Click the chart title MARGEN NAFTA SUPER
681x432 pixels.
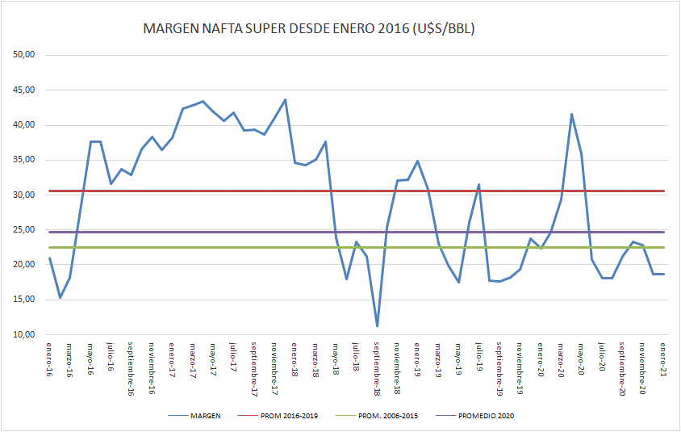308,29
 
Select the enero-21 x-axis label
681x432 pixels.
664,360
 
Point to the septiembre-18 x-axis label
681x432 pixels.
377,369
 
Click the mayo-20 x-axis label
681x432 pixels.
582,359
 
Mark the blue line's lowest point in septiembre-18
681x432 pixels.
377,326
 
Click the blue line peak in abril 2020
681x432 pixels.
571,114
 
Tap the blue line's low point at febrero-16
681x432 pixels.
60,298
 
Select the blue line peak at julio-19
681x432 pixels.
479,184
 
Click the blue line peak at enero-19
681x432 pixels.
417,161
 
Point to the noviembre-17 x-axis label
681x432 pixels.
274,368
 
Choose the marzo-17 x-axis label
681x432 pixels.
193,360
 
